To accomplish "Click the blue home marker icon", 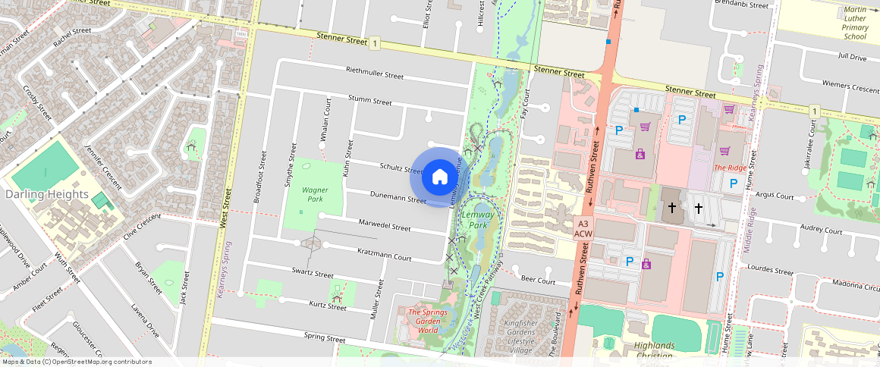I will [x=439, y=177].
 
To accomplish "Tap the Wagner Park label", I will [x=314, y=194].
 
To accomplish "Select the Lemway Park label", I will [x=478, y=220].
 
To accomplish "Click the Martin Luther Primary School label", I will [x=855, y=23].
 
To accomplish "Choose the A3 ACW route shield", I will [x=583, y=229].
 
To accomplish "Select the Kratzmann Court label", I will [x=384, y=253].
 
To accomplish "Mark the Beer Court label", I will [x=539, y=281].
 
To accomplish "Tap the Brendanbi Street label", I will [x=741, y=5].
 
